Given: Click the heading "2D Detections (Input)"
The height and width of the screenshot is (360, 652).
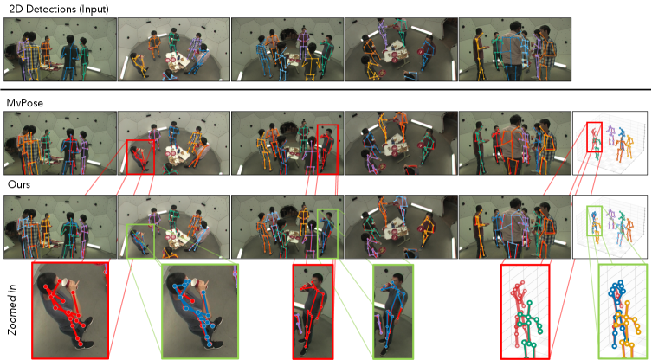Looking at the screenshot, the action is click(x=59, y=9).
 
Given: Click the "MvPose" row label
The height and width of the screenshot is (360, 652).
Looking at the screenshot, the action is click(x=25, y=103).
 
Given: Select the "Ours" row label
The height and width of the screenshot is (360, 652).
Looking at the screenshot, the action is click(x=19, y=183).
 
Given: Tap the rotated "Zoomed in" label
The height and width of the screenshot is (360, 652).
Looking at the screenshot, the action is click(x=12, y=310).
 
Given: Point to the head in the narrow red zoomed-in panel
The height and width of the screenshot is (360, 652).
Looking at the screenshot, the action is click(x=317, y=280).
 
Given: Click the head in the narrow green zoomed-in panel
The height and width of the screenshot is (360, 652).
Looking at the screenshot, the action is click(x=397, y=280).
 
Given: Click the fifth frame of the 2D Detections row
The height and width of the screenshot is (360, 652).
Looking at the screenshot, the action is click(x=515, y=49).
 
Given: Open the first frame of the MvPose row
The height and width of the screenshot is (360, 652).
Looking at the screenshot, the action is click(x=60, y=143).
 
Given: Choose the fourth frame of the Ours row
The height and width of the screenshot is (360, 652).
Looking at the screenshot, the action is click(x=401, y=227).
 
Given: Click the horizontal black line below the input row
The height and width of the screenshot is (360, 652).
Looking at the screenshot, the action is click(x=326, y=89).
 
